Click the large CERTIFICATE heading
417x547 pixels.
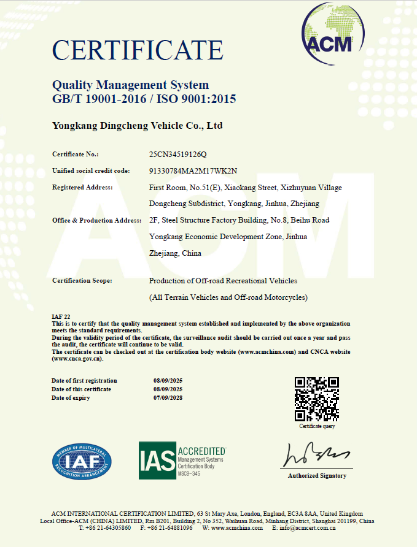138,50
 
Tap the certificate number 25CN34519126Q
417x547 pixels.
179,154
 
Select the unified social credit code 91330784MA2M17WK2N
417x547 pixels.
193,170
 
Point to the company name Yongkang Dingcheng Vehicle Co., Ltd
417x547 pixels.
137,126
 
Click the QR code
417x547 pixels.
317,399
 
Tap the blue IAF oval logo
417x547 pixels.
82,461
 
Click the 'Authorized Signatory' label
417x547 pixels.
317,475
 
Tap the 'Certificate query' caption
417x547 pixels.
317,426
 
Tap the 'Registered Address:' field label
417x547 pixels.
82,187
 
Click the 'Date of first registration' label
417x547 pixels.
84,381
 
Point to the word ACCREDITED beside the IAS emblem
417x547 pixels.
201,451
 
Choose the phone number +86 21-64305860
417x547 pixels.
109,528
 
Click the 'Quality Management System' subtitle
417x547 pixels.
130,85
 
